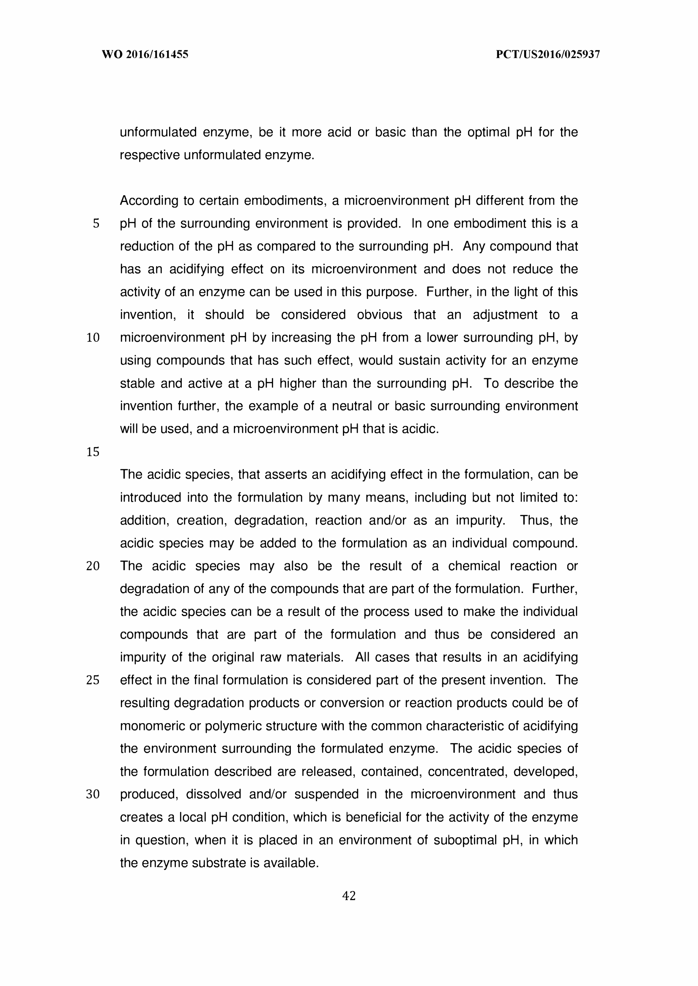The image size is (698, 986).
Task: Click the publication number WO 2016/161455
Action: point(145,55)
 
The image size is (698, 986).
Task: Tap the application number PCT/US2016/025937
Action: point(547,55)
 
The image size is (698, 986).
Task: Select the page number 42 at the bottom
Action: point(348,896)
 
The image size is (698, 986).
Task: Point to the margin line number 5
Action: point(96,224)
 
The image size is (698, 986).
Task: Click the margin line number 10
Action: point(93,338)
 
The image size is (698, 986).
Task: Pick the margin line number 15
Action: point(93,452)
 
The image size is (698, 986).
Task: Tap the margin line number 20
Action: point(93,566)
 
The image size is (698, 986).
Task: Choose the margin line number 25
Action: point(93,680)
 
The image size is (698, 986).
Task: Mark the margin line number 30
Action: point(93,795)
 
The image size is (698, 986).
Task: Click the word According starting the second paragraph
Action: point(148,201)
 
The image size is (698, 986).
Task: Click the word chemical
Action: point(474,566)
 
